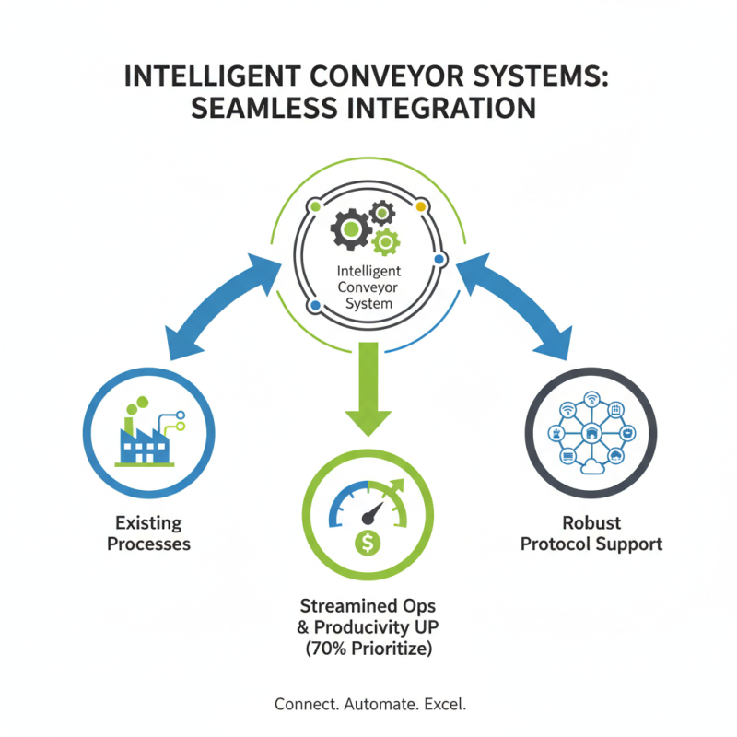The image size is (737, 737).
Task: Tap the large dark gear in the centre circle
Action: pyautogui.click(x=350, y=226)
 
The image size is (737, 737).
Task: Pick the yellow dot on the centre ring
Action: pyautogui.click(x=421, y=206)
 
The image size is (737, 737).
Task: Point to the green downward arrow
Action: pyautogui.click(x=368, y=387)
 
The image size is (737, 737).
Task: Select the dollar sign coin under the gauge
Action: pyautogui.click(x=368, y=544)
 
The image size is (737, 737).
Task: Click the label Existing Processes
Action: pyautogui.click(x=148, y=533)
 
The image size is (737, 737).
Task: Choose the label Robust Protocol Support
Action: pyautogui.click(x=591, y=533)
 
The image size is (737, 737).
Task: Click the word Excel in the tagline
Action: pyautogui.click(x=445, y=704)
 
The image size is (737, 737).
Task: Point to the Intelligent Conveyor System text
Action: pyautogui.click(x=368, y=287)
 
